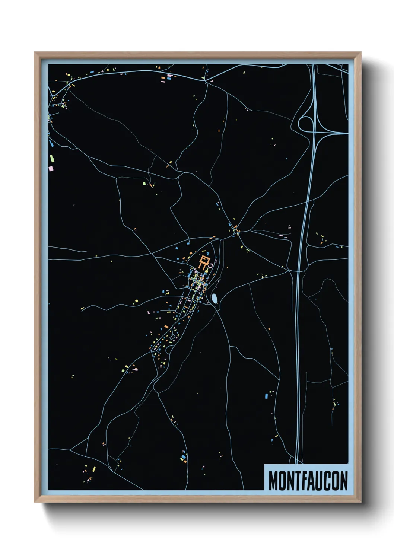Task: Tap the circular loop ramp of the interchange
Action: tap(306, 123)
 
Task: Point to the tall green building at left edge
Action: tap(52, 158)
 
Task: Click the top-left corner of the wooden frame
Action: tap(36, 54)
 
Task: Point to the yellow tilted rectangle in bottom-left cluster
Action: tap(94, 469)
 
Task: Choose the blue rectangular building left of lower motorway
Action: tap(267, 395)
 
